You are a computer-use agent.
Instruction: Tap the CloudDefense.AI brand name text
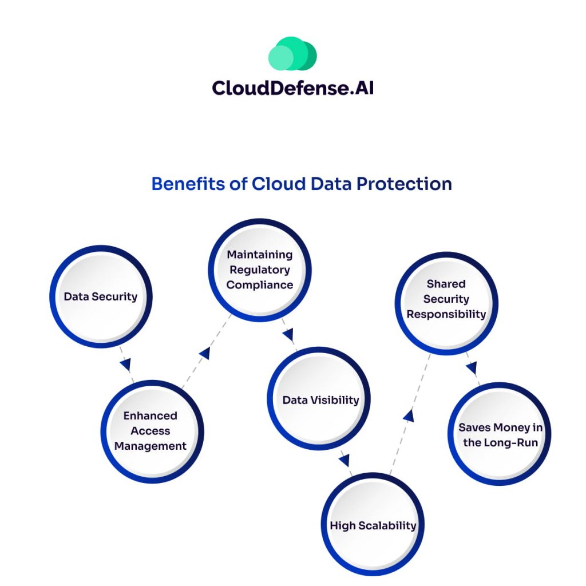pos(292,88)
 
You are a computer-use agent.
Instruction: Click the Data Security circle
pos(101,296)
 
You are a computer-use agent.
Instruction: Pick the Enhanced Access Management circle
pos(151,431)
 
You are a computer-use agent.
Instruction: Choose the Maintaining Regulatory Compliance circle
pos(259,270)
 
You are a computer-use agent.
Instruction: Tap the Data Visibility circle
pos(320,400)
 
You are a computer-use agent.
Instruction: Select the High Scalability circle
pos(373,525)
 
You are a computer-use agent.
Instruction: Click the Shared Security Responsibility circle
pos(446,299)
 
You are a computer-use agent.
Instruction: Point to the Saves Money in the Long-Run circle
pos(500,435)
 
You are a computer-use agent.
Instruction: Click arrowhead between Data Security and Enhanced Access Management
pos(125,365)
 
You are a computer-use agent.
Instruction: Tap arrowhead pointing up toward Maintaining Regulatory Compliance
pos(204,353)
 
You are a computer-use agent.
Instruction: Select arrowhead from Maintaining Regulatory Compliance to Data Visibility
pos(288,334)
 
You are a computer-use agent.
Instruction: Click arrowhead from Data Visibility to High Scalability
pos(344,459)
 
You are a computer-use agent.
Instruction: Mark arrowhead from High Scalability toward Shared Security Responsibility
pos(408,415)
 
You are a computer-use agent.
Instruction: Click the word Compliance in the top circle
pos(259,284)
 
